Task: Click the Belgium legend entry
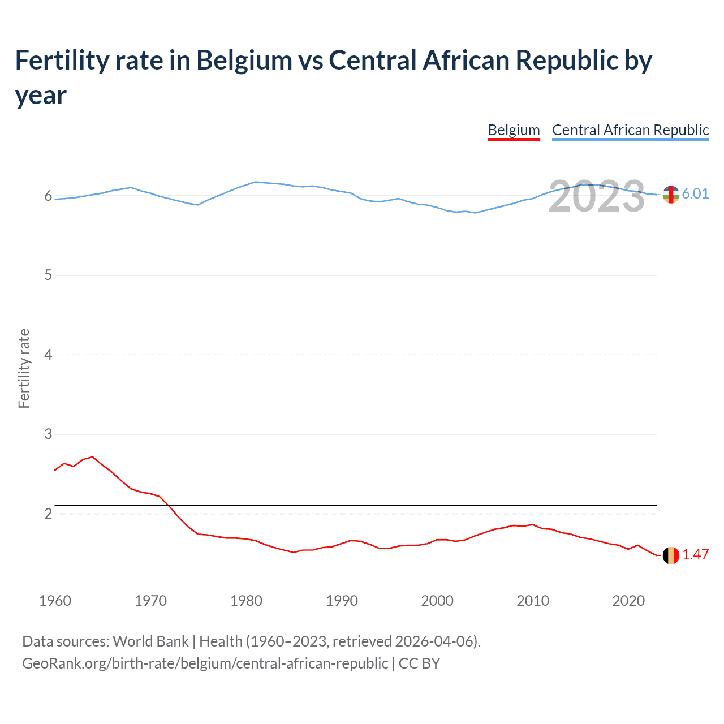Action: (514, 130)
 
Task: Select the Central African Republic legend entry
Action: (630, 130)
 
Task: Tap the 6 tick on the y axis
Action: (48, 196)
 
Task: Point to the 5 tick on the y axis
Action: (48, 275)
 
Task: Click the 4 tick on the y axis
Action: (48, 355)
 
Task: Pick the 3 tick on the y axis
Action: (48, 434)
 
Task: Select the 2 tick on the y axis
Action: (48, 514)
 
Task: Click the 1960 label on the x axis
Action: (55, 601)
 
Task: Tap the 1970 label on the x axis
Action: (150, 601)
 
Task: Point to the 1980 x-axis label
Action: (246, 601)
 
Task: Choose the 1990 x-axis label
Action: (342, 601)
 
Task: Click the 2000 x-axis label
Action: (437, 601)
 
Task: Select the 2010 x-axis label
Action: (533, 601)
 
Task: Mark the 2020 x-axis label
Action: (628, 601)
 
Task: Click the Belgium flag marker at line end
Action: (671, 555)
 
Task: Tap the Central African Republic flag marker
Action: (671, 195)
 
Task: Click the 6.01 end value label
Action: (695, 193)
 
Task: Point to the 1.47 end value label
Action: (695, 554)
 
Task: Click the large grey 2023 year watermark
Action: (597, 196)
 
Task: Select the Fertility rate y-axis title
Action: (24, 368)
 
